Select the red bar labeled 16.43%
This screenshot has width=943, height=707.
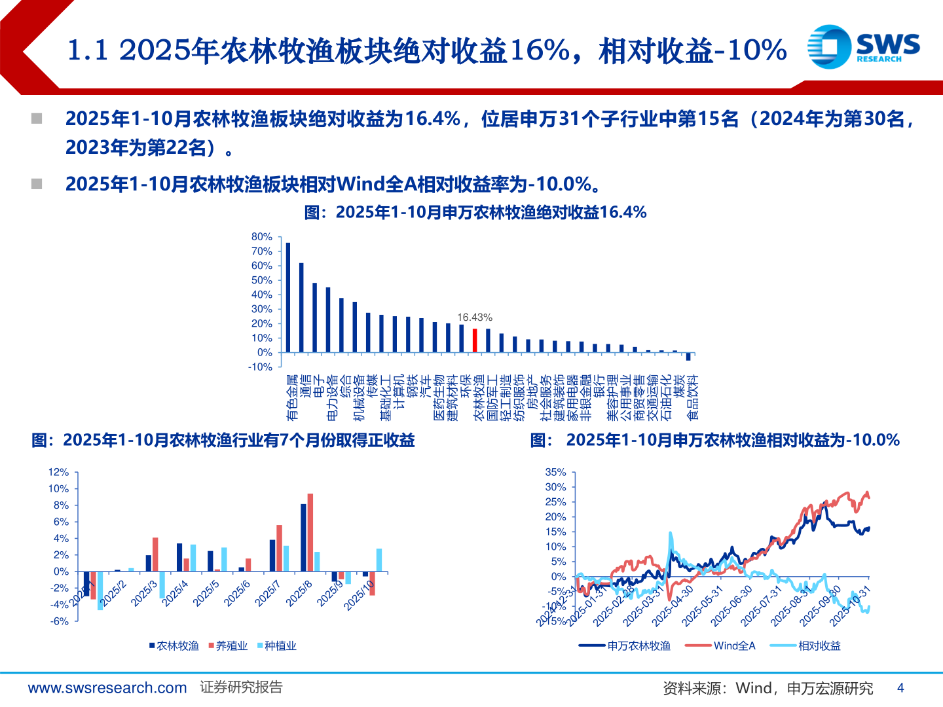475,340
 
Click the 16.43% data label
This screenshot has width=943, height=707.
475,317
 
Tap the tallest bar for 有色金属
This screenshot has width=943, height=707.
288,298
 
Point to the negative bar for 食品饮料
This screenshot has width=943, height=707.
688,357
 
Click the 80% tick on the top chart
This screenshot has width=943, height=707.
262,237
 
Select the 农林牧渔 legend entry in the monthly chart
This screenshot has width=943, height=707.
174,646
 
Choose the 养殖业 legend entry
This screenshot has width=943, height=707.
228,646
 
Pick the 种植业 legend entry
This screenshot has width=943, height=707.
277,646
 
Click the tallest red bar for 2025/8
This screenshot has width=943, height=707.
310,532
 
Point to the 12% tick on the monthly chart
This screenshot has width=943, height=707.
58,472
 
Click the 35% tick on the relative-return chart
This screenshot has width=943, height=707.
556,472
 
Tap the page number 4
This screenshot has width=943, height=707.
900,688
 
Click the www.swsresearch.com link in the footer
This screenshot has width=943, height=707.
107,688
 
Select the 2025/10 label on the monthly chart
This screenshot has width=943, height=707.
359,595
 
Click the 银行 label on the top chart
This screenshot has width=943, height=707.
599,386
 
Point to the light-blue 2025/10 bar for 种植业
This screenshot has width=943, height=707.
379,560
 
